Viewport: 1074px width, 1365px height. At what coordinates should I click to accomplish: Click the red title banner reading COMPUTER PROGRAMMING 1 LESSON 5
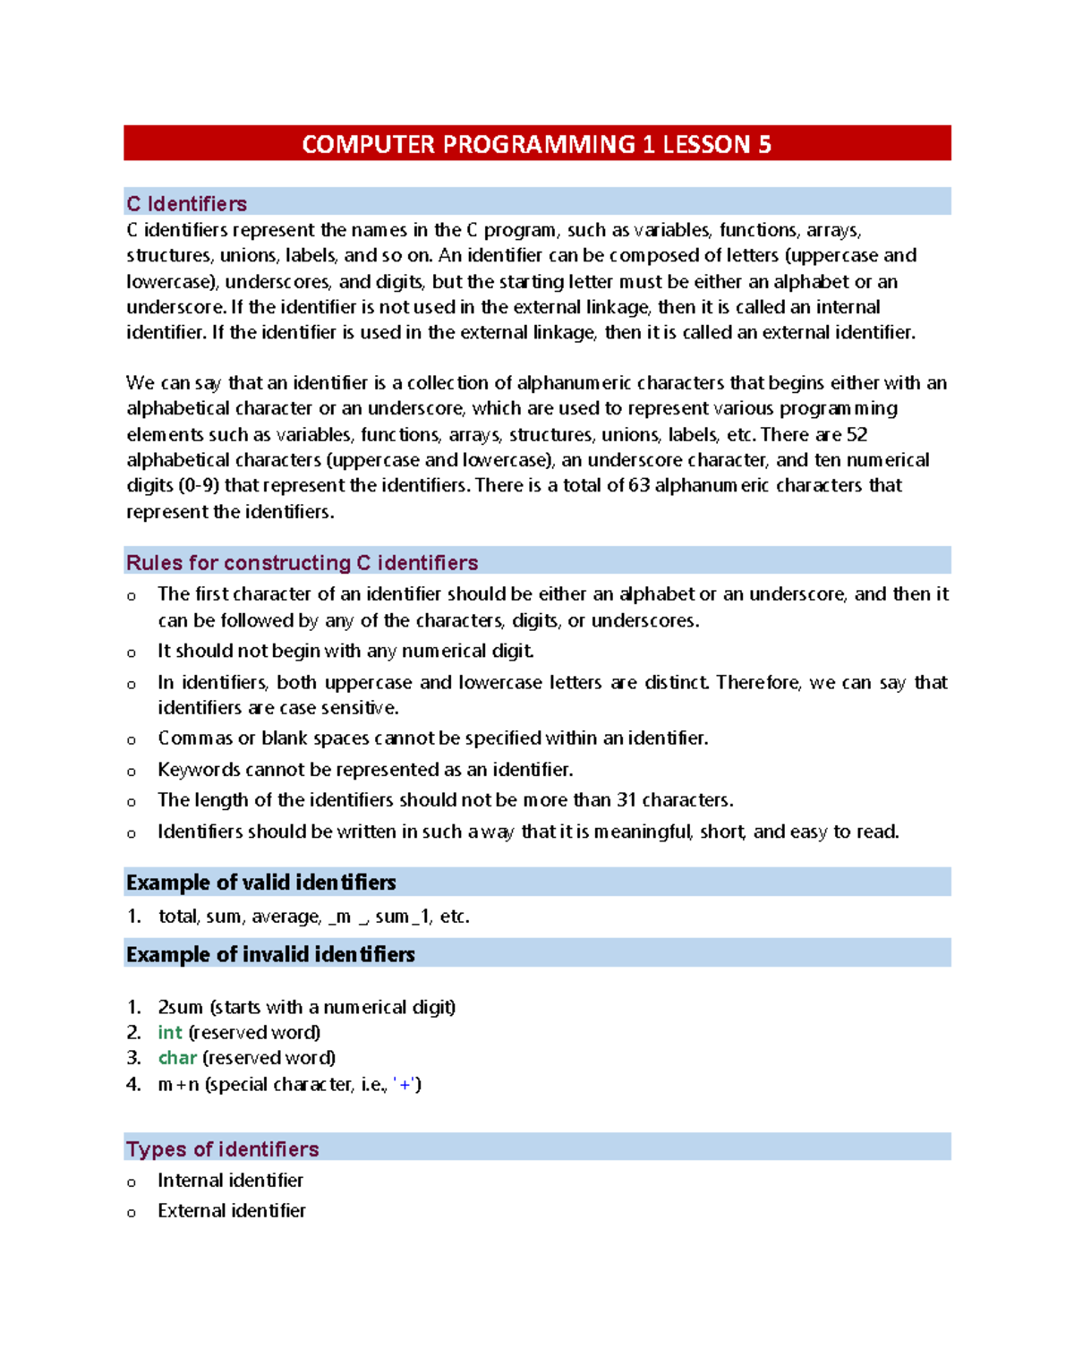[537, 144]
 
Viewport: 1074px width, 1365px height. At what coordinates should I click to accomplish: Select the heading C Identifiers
[186, 203]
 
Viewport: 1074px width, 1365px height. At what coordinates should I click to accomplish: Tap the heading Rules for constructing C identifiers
[302, 562]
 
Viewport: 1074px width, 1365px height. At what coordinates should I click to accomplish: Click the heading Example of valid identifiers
[260, 883]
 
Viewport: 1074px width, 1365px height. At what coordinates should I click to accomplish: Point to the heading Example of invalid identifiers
[270, 954]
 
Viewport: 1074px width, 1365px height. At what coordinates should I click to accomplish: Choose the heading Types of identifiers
[222, 1148]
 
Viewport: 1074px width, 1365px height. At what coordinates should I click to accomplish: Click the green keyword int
[169, 1032]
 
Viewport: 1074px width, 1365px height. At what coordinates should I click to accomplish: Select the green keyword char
[176, 1058]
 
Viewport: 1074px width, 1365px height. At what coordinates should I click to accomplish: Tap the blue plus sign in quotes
[406, 1085]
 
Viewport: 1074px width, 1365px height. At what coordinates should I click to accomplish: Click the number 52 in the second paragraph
[857, 435]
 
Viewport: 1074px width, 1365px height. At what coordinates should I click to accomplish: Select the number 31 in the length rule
[626, 800]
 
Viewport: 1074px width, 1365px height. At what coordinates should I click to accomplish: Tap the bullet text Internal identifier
[230, 1181]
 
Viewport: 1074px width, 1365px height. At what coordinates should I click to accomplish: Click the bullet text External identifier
[231, 1211]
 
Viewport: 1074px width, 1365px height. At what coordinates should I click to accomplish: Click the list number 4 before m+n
[133, 1085]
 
